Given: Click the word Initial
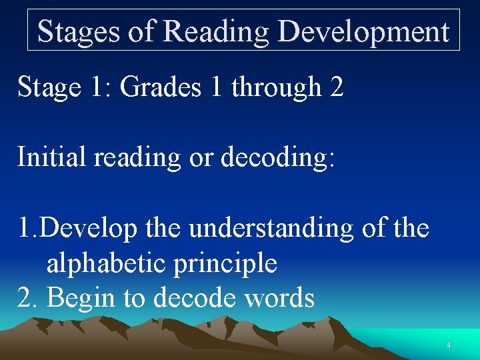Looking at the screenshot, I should point(51,157).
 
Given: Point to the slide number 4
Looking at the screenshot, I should point(449,345).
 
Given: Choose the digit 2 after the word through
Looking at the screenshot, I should point(337,87).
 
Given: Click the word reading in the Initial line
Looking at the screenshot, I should point(138,157).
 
